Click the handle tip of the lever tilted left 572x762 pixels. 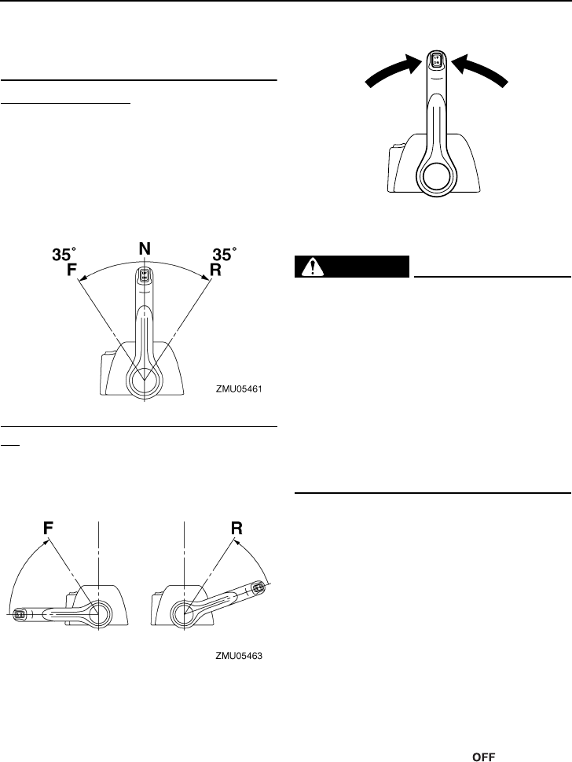tap(19, 613)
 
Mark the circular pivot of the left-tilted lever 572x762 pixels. tap(99, 611)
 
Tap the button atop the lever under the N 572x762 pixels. tap(145, 276)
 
